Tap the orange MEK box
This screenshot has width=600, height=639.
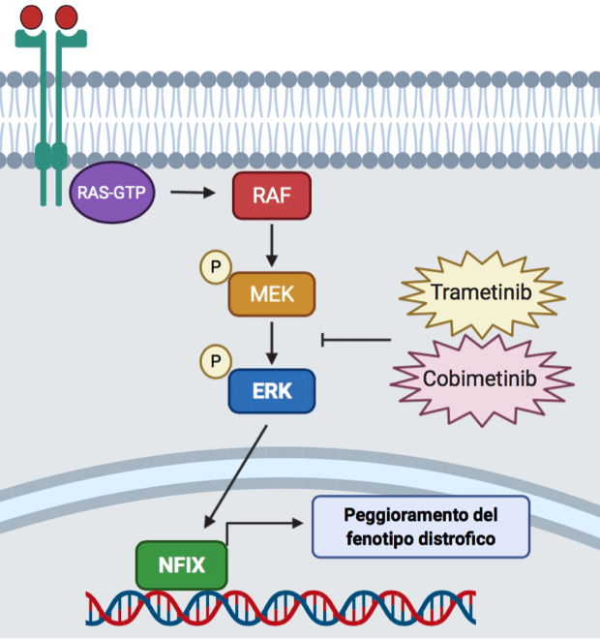(273, 293)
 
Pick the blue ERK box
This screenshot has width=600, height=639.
(273, 390)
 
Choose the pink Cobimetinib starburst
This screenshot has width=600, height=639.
(481, 378)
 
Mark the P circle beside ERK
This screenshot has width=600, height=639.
(215, 362)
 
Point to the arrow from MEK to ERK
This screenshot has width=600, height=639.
(273, 341)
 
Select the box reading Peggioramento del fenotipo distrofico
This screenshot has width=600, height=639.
(420, 526)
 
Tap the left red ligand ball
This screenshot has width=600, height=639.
(31, 15)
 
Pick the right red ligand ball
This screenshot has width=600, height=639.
(67, 15)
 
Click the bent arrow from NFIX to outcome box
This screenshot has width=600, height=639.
(261, 525)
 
